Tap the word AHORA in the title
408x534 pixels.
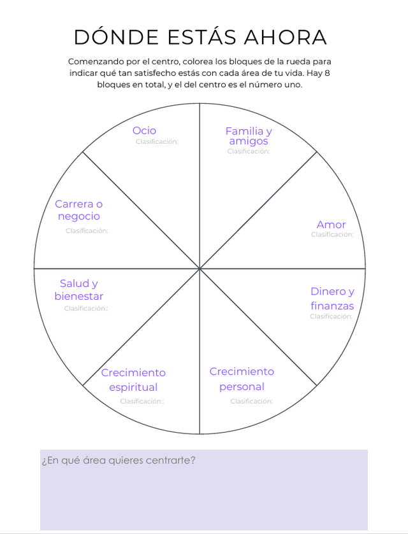coord(288,38)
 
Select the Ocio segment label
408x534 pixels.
coord(144,130)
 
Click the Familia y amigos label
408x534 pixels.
coord(249,136)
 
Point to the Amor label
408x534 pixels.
coord(331,225)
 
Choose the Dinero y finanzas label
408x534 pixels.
coord(332,299)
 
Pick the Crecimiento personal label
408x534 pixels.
coord(242,379)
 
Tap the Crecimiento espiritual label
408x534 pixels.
coord(133,379)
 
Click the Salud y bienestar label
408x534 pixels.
coord(78,290)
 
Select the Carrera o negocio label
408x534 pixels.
coord(78,210)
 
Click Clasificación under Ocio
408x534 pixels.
coord(157,142)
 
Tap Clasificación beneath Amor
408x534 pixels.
coord(332,235)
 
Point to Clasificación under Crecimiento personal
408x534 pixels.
coord(251,402)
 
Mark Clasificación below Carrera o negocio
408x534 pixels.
coord(87,231)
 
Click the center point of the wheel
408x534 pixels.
coord(200,269)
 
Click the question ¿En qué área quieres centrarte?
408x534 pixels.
coord(118,460)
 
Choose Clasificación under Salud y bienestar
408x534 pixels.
coord(86,309)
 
